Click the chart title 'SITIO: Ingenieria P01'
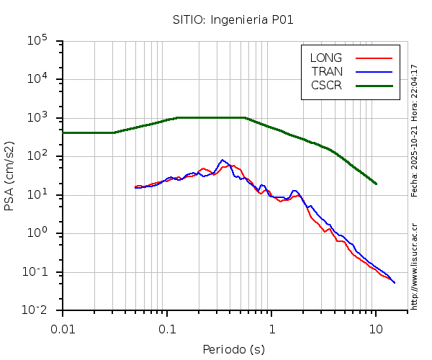[233, 19]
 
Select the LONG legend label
[326, 58]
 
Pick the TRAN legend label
[327, 71]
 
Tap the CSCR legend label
[326, 85]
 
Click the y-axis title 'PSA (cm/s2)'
[10, 176]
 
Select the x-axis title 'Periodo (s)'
[233, 350]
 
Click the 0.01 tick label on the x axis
[63, 328]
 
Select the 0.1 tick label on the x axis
[167, 328]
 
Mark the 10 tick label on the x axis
[376, 328]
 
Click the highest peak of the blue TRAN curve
[223, 160]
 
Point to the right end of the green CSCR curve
[376, 184]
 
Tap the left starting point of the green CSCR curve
[63, 132]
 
